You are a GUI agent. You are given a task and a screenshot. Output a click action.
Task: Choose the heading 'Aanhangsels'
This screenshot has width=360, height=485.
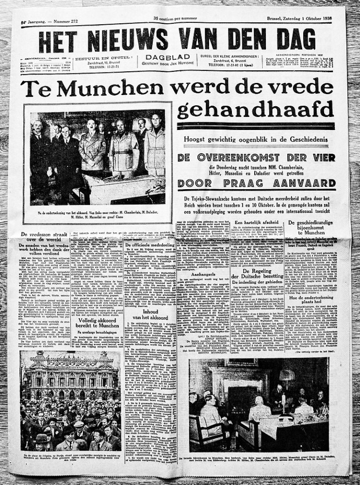[x=205, y=274]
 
